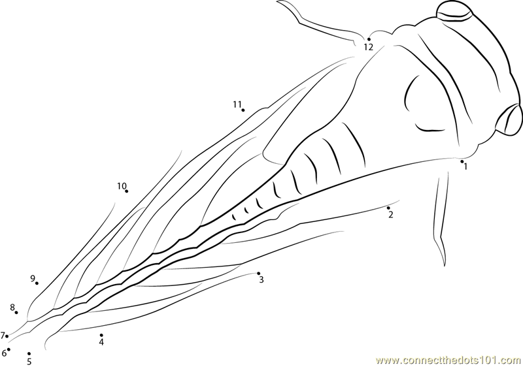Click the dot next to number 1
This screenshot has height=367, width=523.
pos(462,161)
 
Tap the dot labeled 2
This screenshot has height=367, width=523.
pos(388,208)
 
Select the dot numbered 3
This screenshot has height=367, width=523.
pos(258,274)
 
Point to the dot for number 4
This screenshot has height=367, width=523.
pos(101,335)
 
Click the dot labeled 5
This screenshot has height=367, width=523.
pos(29,354)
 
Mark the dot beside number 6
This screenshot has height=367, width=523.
pos(8,349)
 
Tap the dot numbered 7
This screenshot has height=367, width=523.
pos(7,336)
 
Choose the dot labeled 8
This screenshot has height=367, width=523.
pos(16,312)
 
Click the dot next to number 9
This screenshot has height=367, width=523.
pos(37,283)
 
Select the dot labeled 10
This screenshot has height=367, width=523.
pos(126,191)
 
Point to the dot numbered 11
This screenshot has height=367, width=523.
pos(243,110)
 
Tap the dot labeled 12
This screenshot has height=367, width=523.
pos(369,39)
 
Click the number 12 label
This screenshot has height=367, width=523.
pos(368,47)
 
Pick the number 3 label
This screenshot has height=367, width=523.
pos(261,279)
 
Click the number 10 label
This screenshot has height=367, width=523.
pos(122,186)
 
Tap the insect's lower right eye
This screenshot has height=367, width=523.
pos(509,120)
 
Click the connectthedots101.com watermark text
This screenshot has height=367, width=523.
pos(448,360)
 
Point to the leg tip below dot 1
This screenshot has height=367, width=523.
pos(445,265)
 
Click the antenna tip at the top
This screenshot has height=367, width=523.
pos(278,1)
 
